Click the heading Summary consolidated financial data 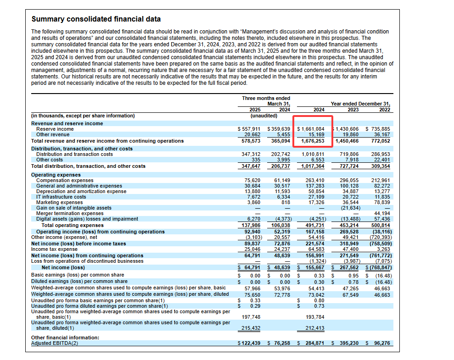coord(96,19)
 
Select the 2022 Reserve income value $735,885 coord(378,129)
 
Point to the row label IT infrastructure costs coord(61,197)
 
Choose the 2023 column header coord(353,110)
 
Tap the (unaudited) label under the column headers coord(263,116)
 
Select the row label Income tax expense coord(54,249)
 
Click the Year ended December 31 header coord(360,104)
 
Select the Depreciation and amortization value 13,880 coord(252,191)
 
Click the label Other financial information coord(65,338)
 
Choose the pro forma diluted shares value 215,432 coord(251,328)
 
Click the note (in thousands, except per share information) coord(83,116)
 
